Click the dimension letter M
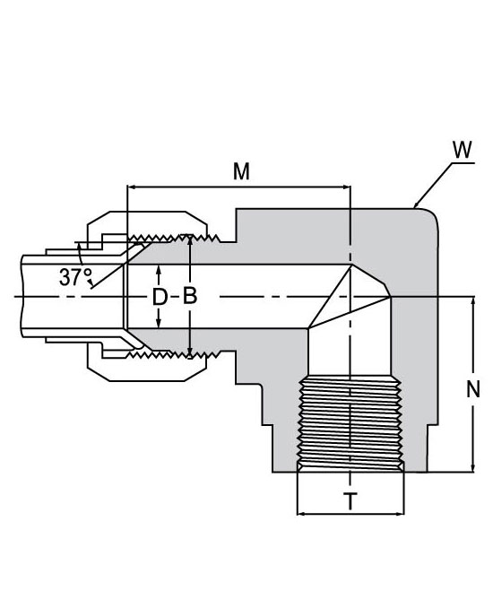pos(241,171)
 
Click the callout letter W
pos(463,150)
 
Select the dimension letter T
pos(350,501)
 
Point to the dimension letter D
pos(160,297)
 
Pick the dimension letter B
pos(190,296)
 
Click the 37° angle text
pos(75,277)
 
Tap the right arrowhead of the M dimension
pos(347,187)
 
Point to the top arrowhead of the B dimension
pos(190,239)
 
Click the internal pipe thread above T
pos(350,423)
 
